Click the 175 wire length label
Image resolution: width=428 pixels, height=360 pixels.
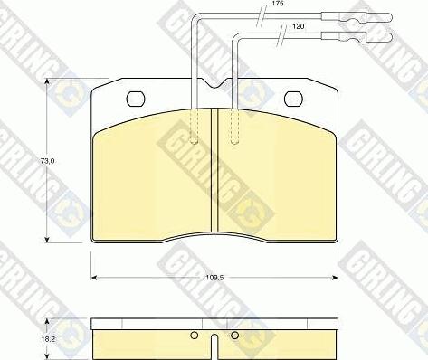(278, 4)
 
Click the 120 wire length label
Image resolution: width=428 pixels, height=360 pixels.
(299, 26)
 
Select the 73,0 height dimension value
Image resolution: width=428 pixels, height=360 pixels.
(47, 161)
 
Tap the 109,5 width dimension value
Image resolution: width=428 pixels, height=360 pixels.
(214, 278)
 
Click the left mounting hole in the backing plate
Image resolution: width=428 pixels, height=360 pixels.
(136, 99)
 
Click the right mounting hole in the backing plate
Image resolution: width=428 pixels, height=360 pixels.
(293, 99)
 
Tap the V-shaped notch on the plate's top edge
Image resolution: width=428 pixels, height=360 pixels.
(214, 83)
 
